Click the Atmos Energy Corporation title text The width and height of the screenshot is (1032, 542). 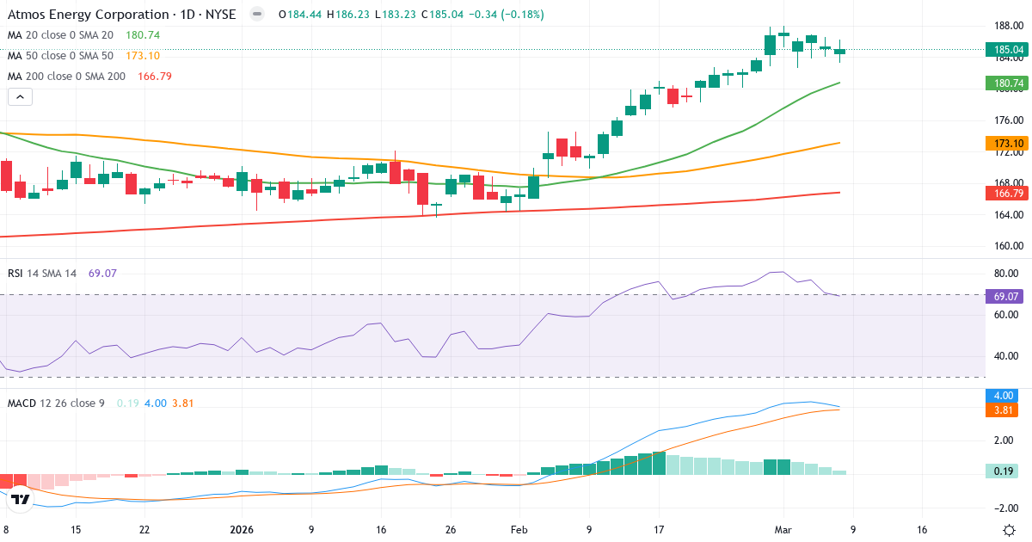point(89,15)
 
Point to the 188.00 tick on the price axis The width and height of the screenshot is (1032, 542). point(1007,26)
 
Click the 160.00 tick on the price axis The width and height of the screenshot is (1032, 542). point(1007,246)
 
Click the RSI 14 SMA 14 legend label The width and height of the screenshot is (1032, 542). point(42,274)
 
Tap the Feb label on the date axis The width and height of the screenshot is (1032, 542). point(519,530)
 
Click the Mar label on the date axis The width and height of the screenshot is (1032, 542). point(783,530)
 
